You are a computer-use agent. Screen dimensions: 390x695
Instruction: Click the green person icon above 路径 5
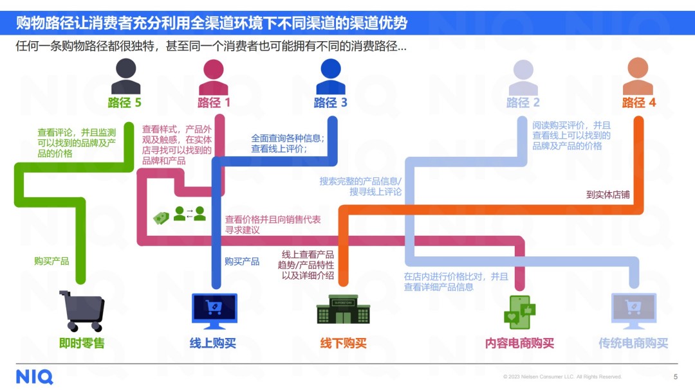coord(125,76)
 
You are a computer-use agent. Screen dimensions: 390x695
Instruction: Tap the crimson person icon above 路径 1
coord(214,76)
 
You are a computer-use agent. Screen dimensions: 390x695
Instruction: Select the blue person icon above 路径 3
coord(330,76)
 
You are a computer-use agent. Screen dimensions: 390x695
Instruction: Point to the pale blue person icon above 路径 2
coord(523,76)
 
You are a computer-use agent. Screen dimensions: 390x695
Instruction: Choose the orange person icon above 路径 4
coord(638,76)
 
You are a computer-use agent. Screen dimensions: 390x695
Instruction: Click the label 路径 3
coord(330,103)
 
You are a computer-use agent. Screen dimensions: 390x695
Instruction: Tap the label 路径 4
coord(638,103)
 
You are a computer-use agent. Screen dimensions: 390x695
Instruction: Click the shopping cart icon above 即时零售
coord(82,311)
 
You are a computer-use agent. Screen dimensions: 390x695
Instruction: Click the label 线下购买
coord(344,343)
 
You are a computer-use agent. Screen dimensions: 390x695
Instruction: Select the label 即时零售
coord(82,343)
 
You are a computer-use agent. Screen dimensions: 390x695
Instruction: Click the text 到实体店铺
coord(607,194)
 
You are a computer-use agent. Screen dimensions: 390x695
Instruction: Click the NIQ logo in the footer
coord(35,376)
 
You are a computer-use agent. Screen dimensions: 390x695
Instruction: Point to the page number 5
coord(675,377)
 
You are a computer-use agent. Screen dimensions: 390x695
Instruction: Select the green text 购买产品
coord(51,261)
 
